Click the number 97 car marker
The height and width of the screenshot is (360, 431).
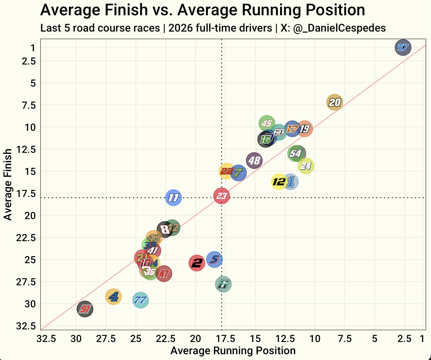(x=403, y=48)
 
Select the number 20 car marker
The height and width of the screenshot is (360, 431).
(x=335, y=102)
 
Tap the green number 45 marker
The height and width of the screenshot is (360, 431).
(x=267, y=124)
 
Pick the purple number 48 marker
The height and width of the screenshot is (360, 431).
(x=254, y=160)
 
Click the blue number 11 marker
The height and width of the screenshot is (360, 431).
(x=173, y=198)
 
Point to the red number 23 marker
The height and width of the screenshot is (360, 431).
(x=222, y=196)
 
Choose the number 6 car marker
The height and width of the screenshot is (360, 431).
(x=223, y=284)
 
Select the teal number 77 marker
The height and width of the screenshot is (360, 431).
(x=140, y=300)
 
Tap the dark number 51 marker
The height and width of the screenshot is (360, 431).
(x=85, y=309)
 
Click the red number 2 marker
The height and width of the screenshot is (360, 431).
(x=197, y=263)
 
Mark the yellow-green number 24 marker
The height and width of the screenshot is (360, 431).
(x=306, y=166)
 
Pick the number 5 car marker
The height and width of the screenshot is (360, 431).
(x=214, y=260)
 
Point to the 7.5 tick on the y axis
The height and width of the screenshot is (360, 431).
(x=29, y=105)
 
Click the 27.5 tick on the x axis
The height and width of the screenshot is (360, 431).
(x=106, y=339)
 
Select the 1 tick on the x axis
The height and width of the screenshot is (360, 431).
(x=422, y=339)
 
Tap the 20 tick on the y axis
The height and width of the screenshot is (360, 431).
(x=30, y=216)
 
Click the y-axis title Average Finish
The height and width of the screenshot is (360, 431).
(x=7, y=184)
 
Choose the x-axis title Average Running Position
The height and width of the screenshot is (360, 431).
(x=233, y=351)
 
